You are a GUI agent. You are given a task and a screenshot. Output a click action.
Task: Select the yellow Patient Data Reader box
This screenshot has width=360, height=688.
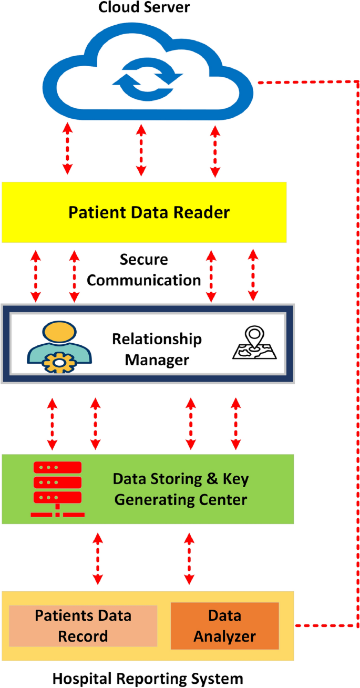coord(143,212)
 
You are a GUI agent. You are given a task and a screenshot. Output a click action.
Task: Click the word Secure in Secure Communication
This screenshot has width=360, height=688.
coord(143,260)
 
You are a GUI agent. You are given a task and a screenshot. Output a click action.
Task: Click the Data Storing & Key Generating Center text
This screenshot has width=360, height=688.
coord(181,489)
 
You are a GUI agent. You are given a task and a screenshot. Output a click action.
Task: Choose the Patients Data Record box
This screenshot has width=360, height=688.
coord(83,625)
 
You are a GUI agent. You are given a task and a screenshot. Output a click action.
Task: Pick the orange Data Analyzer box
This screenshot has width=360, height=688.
coord(224,625)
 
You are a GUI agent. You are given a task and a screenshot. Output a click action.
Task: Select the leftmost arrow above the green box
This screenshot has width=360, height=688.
coord(53,424)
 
